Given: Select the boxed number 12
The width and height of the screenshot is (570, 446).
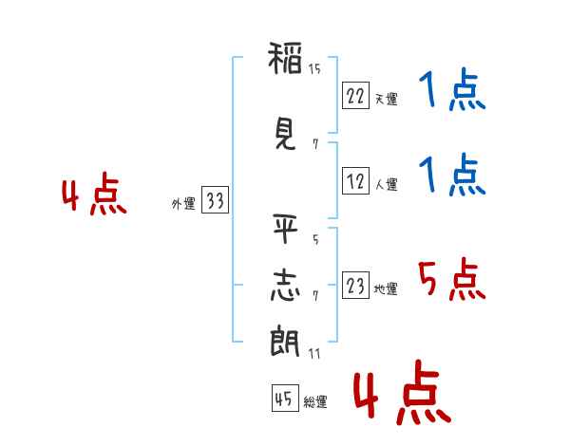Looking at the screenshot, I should (355, 180).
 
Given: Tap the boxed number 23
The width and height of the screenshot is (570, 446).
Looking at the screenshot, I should (355, 286).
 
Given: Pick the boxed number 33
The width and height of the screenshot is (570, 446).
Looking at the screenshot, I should (215, 200).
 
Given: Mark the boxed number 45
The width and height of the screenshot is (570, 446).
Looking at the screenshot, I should (283, 400).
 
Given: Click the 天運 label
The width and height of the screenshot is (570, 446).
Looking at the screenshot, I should (386, 99).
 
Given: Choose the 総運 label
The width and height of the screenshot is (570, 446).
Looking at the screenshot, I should (315, 402).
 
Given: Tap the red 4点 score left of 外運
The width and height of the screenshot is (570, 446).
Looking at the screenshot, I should (94, 197).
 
